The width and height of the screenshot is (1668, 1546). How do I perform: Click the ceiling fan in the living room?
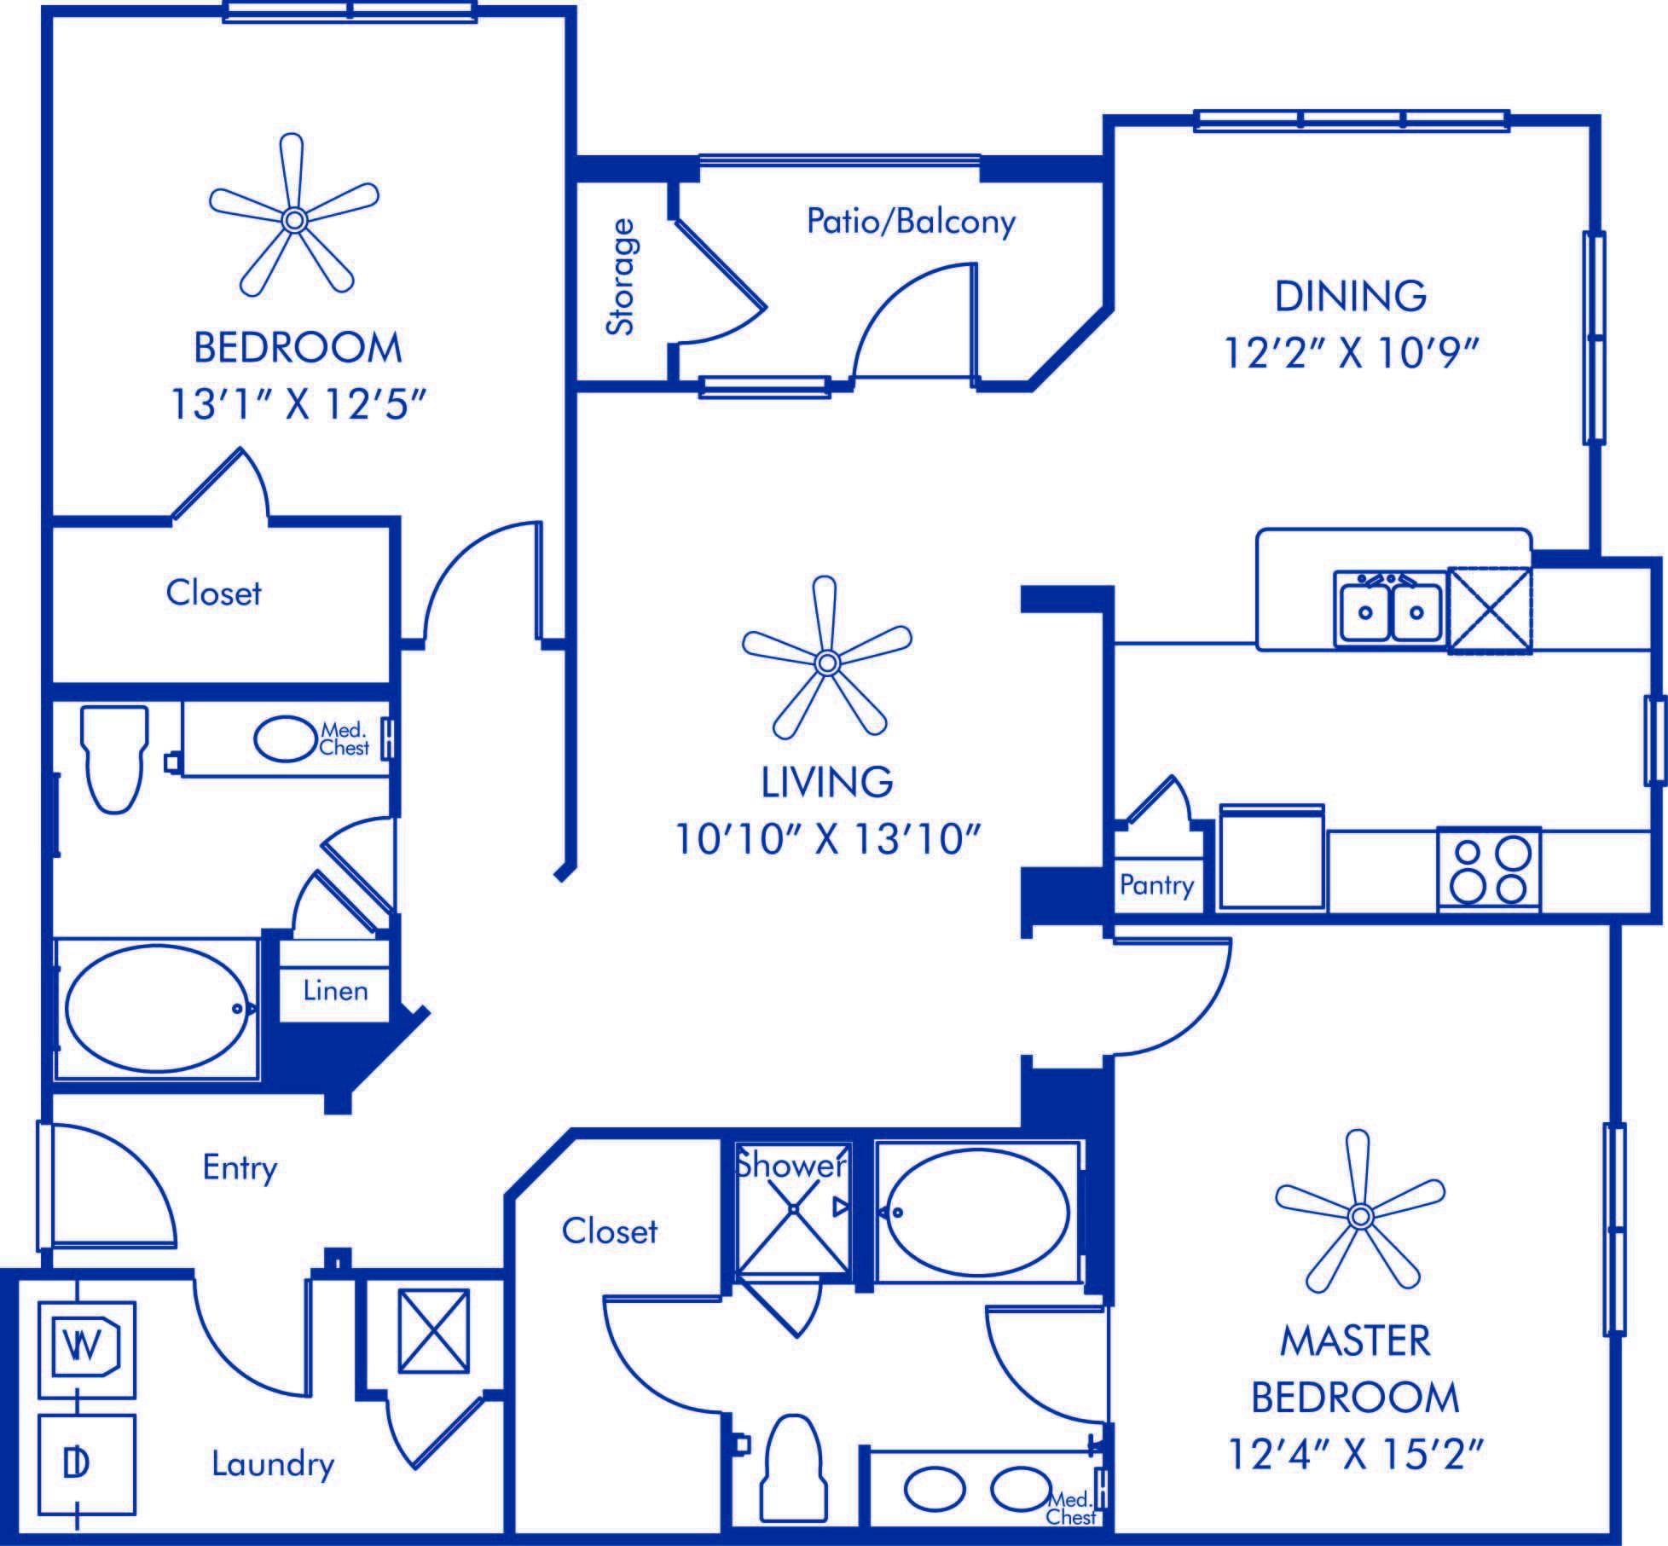(825, 661)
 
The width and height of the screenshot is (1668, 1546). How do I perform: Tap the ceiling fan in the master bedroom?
(1359, 1216)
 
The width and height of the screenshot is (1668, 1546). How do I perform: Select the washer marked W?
(86, 1350)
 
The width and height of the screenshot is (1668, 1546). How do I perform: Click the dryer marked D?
(86, 1463)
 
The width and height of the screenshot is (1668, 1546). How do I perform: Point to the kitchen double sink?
(1389, 608)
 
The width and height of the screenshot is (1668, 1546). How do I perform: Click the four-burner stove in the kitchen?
(1489, 869)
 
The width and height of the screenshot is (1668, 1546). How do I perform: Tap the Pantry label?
(1156, 884)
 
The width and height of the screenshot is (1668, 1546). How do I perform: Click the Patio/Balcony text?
(911, 223)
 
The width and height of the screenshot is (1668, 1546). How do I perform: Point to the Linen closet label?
(335, 991)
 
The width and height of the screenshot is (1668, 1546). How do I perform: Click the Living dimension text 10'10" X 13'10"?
(825, 840)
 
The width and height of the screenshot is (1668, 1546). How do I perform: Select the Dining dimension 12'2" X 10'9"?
(1351, 351)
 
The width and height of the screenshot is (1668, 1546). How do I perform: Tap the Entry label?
(240, 1167)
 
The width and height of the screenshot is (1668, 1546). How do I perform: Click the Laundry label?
(273, 1464)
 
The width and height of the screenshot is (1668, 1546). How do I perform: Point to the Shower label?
(792, 1165)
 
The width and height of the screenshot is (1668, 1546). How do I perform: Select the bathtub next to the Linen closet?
(157, 1008)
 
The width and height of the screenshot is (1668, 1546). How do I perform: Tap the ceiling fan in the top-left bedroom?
(293, 219)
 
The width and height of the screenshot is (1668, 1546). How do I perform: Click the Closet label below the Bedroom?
(213, 593)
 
